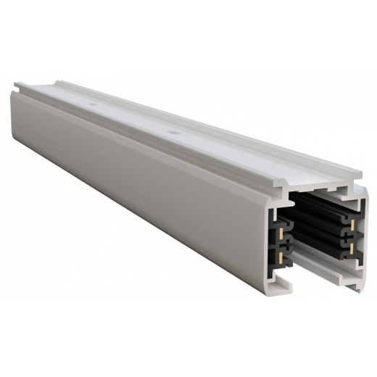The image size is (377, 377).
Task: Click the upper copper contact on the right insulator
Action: [x=352, y=224]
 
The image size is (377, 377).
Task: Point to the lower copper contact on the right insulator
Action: [x=352, y=249]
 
